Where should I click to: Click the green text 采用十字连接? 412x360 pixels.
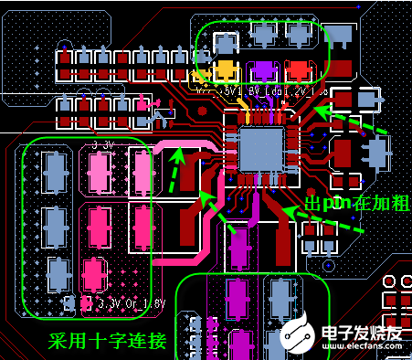(x=108, y=341)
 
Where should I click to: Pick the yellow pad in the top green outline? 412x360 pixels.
(x=227, y=69)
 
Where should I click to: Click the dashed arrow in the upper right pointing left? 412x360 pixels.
(x=351, y=122)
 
